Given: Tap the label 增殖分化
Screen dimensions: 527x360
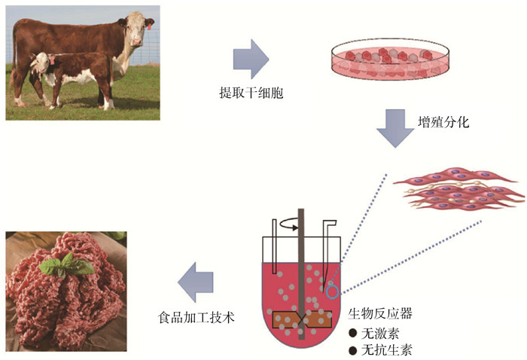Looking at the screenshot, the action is [443, 121].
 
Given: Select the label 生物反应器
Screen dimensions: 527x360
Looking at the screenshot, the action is [381, 313].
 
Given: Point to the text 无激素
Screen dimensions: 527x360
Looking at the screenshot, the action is [379, 332].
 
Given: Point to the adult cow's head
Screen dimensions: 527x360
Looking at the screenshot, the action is [138, 32].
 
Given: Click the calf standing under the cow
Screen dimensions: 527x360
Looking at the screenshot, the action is [72, 75].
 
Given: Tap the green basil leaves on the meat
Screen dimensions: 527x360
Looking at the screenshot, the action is [68, 265].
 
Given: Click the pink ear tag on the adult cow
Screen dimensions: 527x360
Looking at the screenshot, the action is [150, 26].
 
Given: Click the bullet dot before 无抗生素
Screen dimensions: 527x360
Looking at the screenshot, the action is [352, 349].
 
